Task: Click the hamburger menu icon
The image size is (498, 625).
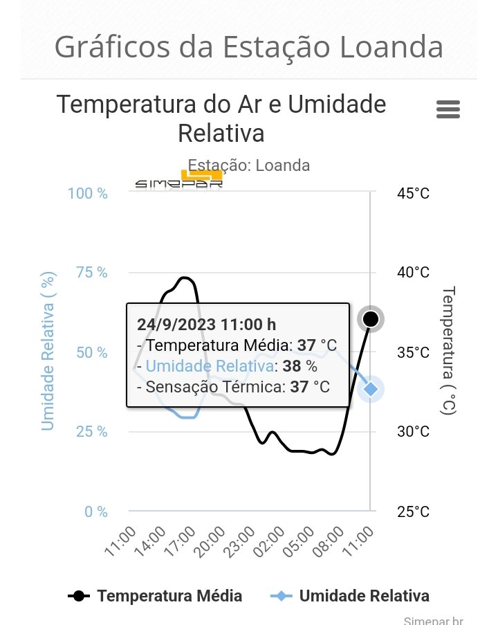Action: pos(448,109)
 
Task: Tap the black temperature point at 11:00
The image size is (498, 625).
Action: pos(371,319)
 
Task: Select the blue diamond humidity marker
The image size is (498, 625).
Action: pos(371,389)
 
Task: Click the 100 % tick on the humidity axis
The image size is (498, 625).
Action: pos(88,193)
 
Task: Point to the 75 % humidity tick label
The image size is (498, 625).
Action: pos(92,273)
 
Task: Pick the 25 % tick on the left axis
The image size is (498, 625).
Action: pos(92,432)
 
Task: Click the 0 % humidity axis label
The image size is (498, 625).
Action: pos(96,512)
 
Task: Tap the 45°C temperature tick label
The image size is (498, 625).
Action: pos(413,193)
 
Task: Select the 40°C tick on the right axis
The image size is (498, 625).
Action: pos(413,273)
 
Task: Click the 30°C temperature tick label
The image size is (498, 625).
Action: pos(413,432)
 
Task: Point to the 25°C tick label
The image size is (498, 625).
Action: pos(413,512)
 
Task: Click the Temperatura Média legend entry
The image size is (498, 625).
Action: pos(156,596)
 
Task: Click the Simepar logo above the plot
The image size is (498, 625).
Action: pos(178,181)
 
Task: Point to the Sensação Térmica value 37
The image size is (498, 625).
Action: pos(299,386)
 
